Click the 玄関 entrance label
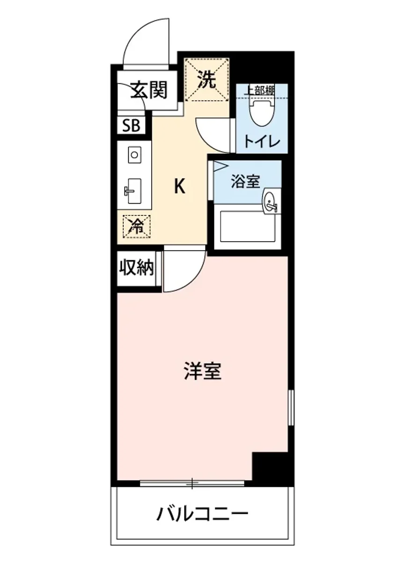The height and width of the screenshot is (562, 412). pos(148,89)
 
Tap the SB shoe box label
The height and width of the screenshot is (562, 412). pos(131,126)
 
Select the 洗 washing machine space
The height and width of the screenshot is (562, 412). pos(206,80)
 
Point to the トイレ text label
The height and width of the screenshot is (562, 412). pos(261,141)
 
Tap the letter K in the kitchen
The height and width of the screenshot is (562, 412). pos(180,187)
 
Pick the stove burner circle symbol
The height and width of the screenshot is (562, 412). pos(134,154)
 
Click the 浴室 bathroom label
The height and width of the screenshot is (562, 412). pos(245,181)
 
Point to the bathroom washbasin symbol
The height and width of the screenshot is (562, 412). pos(271,202)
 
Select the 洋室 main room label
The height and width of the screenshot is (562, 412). pos(202,371)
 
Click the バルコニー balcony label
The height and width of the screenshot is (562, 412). pos(202,515)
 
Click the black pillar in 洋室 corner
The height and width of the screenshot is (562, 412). pos(270,466)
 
